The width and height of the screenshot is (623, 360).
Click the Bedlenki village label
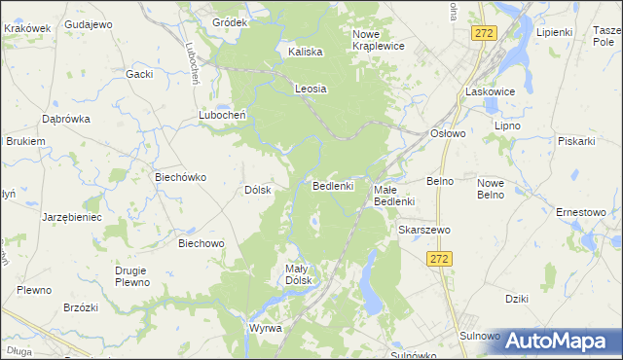(338, 185)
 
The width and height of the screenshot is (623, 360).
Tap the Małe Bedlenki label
(395, 195)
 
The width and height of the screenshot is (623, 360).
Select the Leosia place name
(311, 89)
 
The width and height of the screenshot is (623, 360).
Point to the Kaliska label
(306, 52)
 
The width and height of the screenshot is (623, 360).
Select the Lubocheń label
(222, 114)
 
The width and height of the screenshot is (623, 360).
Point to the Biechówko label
(180, 177)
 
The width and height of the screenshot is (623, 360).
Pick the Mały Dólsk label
(297, 274)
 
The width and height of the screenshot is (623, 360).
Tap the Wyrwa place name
(265, 328)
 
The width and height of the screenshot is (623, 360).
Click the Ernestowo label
(581, 212)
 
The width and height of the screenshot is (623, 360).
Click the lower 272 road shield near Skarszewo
(440, 259)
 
